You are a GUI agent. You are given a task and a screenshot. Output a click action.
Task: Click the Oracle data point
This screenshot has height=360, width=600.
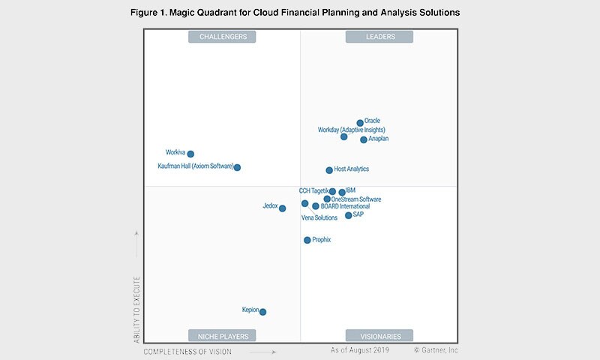coord(360,123)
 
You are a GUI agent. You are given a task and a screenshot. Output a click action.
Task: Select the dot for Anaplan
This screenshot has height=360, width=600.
coord(364,139)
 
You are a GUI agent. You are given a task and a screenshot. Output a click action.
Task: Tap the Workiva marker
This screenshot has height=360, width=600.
coord(190,154)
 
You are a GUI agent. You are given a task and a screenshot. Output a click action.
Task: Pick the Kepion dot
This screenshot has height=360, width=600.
coord(262,312)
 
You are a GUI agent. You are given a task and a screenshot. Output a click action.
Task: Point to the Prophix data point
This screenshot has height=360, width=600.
coord(307,240)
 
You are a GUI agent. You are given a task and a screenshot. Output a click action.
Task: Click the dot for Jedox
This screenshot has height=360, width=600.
coord(282,208)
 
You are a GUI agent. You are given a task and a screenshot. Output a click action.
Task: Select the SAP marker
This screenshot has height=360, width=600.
coord(348,216)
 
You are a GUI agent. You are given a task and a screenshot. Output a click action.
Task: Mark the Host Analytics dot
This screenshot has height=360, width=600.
coord(329,170)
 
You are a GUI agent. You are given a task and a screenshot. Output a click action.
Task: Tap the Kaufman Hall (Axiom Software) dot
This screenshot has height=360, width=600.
coord(237,167)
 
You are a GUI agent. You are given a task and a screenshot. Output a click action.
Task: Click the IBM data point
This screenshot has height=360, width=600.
coord(342,193)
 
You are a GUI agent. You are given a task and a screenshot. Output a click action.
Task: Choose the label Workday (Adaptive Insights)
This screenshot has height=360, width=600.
coord(352,130)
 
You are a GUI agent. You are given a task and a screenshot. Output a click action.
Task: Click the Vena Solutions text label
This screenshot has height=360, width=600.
coord(319,218)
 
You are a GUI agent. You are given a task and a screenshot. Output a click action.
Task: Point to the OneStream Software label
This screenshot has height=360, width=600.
coord(356,199)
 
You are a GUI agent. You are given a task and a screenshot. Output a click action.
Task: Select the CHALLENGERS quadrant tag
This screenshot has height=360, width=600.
coord(223,36)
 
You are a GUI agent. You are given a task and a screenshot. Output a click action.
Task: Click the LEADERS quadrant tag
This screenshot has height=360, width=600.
coord(380,36)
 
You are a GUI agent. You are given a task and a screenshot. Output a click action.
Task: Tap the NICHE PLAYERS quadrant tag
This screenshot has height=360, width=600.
coord(223,336)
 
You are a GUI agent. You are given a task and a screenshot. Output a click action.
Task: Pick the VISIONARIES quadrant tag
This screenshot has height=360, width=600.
coord(380,336)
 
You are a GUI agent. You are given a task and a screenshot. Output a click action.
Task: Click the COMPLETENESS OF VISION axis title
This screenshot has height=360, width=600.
coord(187,351)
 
